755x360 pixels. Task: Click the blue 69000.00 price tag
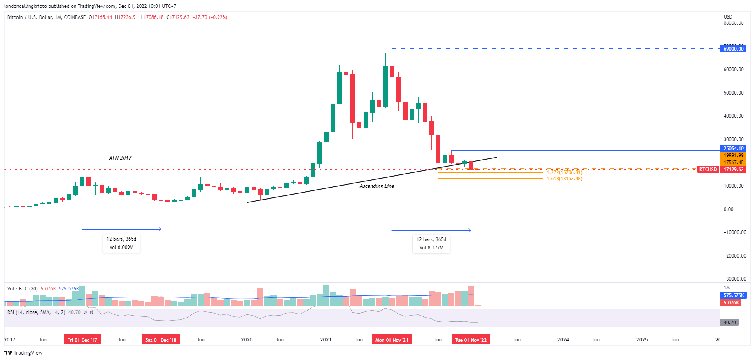[733, 49]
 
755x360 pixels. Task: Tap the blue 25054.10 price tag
[733, 149]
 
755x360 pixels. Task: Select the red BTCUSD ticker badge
[708, 170]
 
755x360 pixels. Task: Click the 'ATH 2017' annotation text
[120, 158]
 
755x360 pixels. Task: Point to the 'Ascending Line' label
[377, 186]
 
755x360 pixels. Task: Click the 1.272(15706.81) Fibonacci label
[564, 172]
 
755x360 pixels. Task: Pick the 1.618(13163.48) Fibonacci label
[564, 179]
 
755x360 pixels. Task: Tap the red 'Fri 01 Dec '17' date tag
[82, 340]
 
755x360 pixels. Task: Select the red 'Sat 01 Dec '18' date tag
[161, 340]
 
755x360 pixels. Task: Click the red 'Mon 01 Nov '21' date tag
[392, 340]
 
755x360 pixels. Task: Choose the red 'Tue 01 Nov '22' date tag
[471, 340]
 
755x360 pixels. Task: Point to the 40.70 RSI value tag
[729, 323]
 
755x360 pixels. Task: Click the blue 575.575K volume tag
[734, 295]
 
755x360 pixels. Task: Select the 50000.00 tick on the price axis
[734, 93]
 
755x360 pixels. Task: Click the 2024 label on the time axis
[563, 340]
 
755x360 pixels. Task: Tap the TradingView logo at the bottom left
[23, 353]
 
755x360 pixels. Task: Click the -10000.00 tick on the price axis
[734, 232]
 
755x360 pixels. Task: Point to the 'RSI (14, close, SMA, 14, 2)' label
[36, 312]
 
